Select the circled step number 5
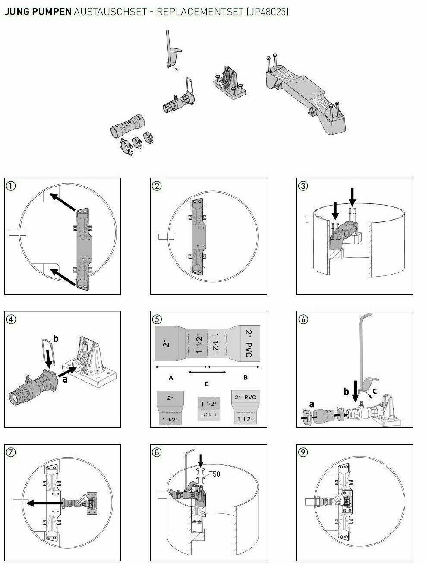point(157,319)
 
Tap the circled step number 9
point(303,452)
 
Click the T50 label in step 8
point(215,474)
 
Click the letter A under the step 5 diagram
point(171,377)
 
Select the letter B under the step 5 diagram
point(245,377)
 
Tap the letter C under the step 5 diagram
point(207,383)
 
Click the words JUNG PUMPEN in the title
point(38,12)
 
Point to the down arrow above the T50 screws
point(200,458)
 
